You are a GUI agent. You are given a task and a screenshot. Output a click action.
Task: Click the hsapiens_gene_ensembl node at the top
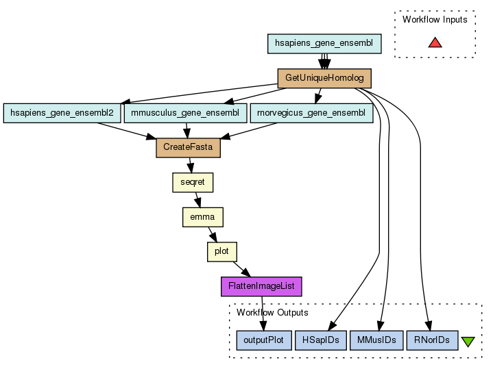pos(324,43)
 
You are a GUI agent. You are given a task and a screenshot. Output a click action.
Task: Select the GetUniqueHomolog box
pos(324,78)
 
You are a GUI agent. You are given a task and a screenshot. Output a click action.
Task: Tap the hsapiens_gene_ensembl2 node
pos(62,112)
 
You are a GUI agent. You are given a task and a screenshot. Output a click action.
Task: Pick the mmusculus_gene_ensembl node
pos(185,112)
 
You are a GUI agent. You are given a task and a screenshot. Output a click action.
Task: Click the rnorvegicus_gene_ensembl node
pos(311,112)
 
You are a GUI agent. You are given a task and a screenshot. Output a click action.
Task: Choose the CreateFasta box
pos(188,147)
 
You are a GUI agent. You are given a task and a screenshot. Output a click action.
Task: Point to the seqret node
pos(192,182)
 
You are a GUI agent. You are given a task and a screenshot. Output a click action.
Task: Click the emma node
pos(202,217)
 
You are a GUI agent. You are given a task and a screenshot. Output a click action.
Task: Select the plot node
pos(221,251)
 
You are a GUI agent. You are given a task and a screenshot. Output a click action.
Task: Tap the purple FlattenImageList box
pos(261,286)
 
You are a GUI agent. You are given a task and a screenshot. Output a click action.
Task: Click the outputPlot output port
pos(264,340)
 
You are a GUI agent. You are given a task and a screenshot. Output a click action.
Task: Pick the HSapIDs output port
pos(320,340)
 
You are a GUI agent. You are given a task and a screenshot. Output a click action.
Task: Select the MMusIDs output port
pos(376,340)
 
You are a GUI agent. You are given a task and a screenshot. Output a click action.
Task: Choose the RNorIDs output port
pos(432,340)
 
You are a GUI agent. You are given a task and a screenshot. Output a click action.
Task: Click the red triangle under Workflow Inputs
pos(435,42)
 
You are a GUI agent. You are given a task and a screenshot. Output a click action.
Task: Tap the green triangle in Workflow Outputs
pos(468,341)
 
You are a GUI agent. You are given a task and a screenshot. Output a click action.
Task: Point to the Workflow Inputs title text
pos(435,20)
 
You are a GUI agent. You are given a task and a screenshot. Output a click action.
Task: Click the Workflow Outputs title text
pos(272,313)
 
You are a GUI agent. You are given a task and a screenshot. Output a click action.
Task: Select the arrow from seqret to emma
pos(197,199)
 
